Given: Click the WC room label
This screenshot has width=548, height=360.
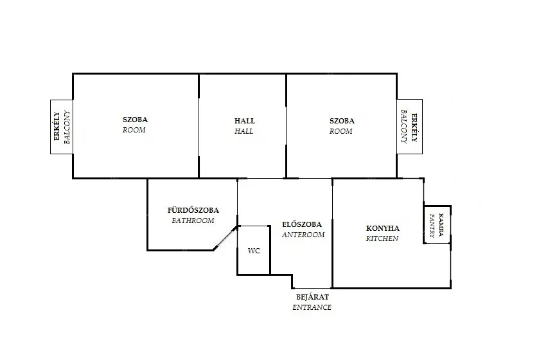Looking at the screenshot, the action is coord(254,251).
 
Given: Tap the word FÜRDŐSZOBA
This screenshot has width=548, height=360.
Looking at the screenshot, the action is coord(193,210).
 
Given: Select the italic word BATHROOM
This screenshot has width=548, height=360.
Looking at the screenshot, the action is coord(193,221).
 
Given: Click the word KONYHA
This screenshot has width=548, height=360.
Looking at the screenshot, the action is coord(383,228).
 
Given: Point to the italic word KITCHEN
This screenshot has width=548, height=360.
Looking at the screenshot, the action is coord(382,239).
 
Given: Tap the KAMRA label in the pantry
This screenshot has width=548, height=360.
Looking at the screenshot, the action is coord(441,224).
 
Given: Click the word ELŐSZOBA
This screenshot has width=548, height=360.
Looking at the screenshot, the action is coord(302,224).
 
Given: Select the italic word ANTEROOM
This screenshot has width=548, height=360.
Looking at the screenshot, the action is coord(303,235).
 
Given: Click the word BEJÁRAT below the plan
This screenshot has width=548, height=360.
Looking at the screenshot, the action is coord(312,297).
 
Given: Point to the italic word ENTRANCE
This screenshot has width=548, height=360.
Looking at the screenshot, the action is coord(312,307).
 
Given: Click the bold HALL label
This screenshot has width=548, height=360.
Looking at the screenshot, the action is coord(245,121).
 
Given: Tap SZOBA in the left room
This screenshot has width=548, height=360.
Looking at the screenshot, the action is coord(135,120).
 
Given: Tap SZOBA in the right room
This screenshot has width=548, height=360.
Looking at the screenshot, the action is coord(342,121).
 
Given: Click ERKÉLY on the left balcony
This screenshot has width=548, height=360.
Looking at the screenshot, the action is coord(57,126).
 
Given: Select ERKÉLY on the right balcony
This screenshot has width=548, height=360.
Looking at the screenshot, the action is coord(414,128).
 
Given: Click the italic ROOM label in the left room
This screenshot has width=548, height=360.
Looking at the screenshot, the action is coord(134,130).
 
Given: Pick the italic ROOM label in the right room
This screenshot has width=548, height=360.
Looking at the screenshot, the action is coord(340,132).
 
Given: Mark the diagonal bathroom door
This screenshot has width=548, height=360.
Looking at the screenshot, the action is coord(225,238).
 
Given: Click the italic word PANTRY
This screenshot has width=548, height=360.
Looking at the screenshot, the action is coord(432,226).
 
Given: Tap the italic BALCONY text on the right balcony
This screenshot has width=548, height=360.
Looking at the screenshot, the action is coord(404,127).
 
